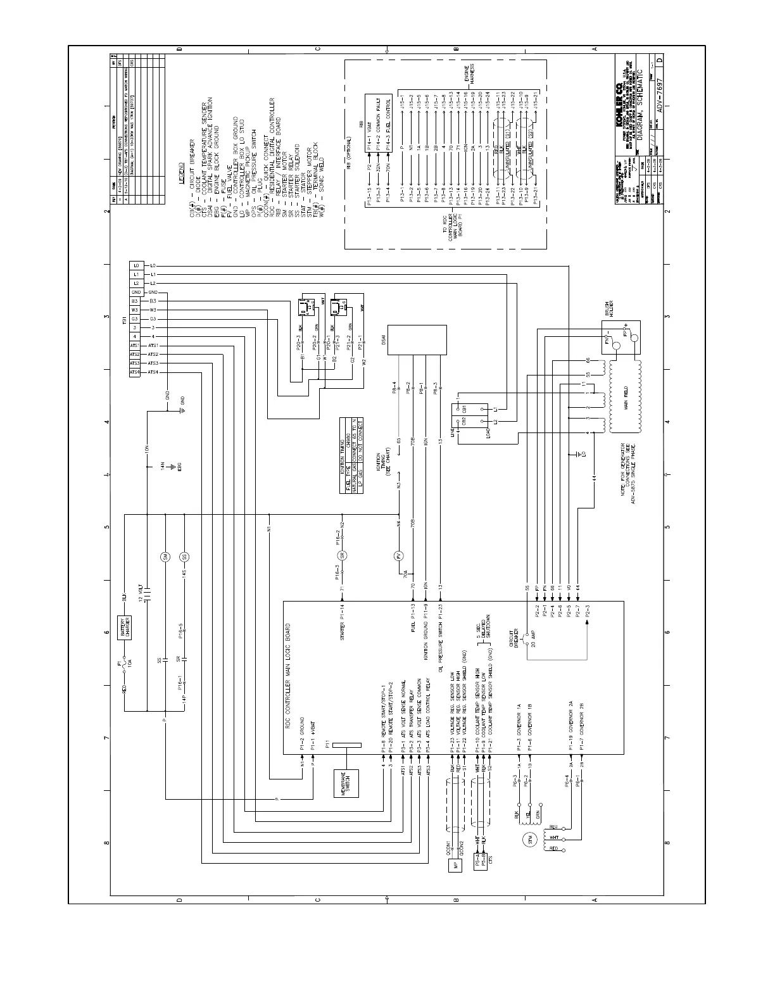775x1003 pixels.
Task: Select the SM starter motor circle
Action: [x=165, y=557]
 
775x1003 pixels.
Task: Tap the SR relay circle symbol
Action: [x=343, y=557]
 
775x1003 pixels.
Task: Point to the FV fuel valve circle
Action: [x=399, y=557]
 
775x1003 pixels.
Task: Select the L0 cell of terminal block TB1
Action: [x=135, y=265]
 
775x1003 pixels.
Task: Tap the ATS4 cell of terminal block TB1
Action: [x=135, y=372]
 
